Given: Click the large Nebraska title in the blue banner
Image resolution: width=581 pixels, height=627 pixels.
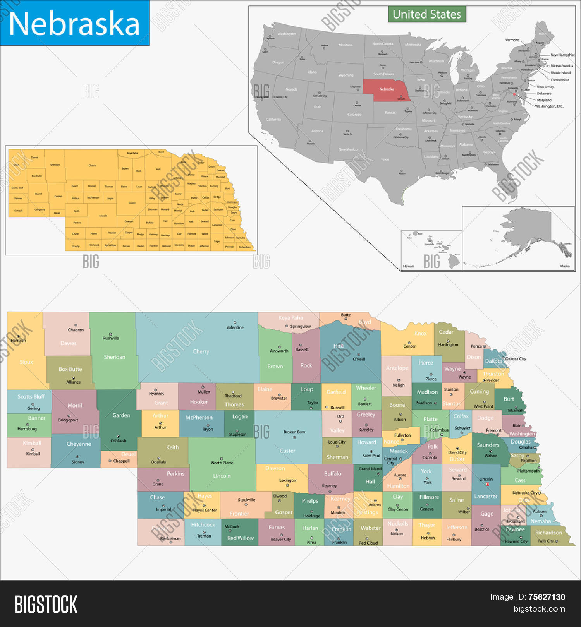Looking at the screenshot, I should pyautogui.click(x=74, y=23).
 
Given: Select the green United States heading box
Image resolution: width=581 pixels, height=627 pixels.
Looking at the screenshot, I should pyautogui.click(x=427, y=14).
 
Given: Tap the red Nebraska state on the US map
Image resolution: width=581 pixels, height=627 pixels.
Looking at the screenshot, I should pyautogui.click(x=386, y=90).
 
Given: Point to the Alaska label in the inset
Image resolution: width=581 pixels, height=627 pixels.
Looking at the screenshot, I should pyautogui.click(x=565, y=266).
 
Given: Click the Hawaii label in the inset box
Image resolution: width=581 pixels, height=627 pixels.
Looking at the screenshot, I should pyautogui.click(x=408, y=266).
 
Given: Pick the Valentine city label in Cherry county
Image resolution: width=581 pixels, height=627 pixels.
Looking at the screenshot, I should pyautogui.click(x=235, y=327).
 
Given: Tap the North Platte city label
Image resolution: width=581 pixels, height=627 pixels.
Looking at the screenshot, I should pyautogui.click(x=222, y=463).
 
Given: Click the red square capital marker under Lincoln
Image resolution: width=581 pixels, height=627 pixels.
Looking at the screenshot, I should pyautogui.click(x=487, y=484).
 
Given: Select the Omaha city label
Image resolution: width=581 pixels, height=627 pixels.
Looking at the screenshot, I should pyautogui.click(x=526, y=447).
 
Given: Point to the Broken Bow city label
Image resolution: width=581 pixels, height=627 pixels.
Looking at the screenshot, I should pyautogui.click(x=294, y=432).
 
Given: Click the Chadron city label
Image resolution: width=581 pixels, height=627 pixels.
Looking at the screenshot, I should pyautogui.click(x=76, y=330).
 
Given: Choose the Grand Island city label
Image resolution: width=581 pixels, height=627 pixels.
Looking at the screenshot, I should pyautogui.click(x=370, y=469).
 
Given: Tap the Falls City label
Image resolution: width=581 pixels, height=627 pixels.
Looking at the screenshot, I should pyautogui.click(x=546, y=541).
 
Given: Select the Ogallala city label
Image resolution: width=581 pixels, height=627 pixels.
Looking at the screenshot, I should pyautogui.click(x=158, y=462).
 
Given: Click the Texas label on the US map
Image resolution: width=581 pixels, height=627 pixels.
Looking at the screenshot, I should pyautogui.click(x=385, y=159).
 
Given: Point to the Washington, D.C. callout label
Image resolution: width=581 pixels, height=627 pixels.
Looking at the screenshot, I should pyautogui.click(x=549, y=106).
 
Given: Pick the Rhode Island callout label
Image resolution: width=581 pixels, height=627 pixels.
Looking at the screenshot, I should pyautogui.click(x=560, y=72).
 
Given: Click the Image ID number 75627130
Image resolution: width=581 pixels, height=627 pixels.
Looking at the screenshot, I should pyautogui.click(x=547, y=597).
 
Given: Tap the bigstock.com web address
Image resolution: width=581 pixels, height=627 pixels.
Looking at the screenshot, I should pyautogui.click(x=539, y=609).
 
